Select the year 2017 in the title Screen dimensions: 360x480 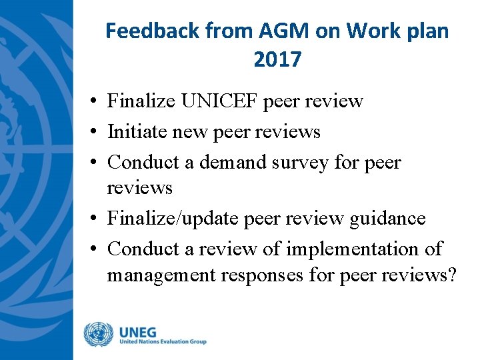point(277,60)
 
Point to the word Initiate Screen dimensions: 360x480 point(137,131)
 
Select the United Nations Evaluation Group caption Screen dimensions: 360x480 point(163,341)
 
